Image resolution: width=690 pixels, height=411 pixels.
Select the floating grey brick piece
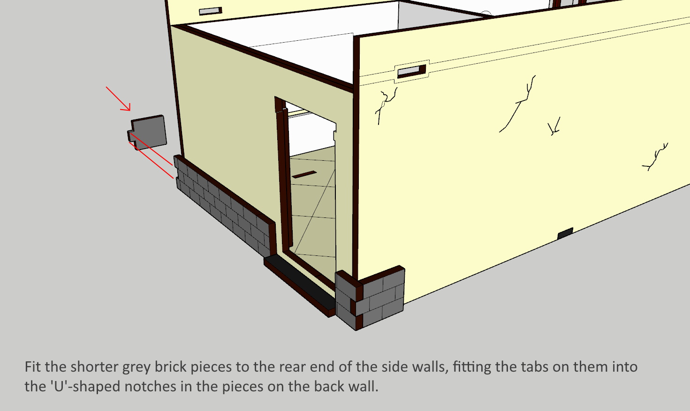click(x=148, y=132)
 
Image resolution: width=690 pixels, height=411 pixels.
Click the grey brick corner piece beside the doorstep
click(x=370, y=298)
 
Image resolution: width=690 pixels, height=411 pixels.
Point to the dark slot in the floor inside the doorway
click(x=304, y=174)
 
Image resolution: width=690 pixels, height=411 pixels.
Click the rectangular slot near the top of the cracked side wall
click(x=411, y=72)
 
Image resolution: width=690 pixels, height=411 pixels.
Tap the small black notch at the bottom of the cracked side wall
click(x=565, y=233)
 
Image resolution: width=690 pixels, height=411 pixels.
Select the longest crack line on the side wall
click(x=517, y=105)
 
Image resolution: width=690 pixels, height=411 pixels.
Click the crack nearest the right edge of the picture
click(x=655, y=157)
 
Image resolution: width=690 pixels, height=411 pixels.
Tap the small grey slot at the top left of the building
click(x=211, y=11)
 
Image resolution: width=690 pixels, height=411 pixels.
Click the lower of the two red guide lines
click(x=151, y=160)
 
